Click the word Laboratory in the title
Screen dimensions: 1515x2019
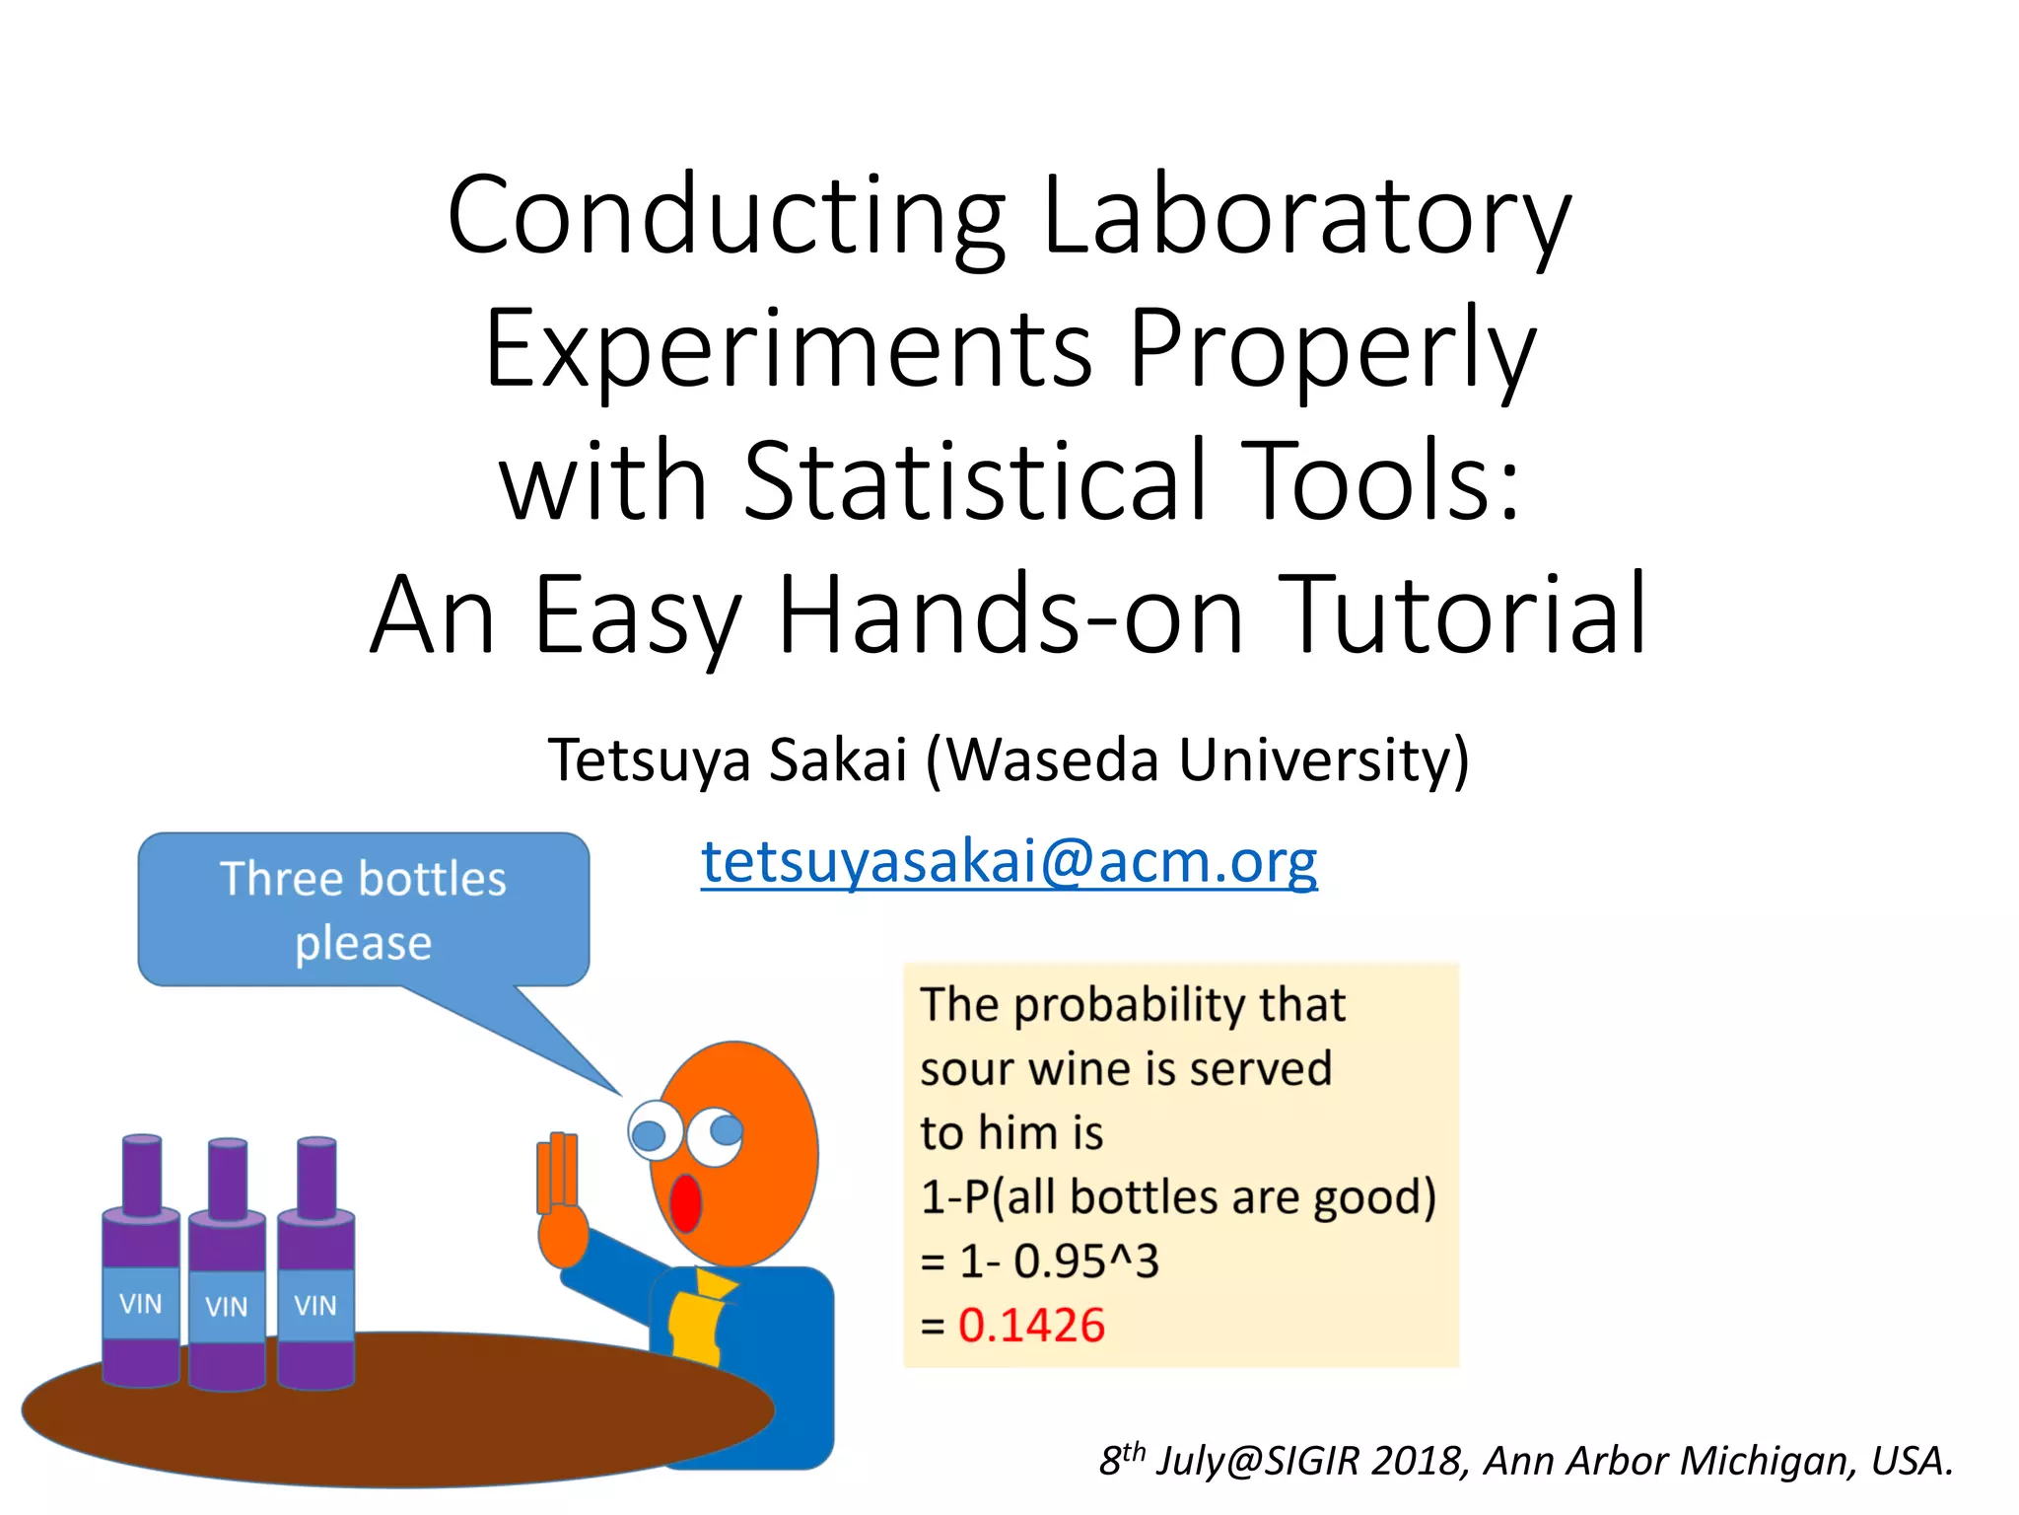click(1305, 215)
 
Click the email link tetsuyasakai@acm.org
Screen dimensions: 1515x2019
click(1009, 861)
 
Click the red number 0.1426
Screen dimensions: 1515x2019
click(1031, 1325)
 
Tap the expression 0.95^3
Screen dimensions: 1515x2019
click(1086, 1261)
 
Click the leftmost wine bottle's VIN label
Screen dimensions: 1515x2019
click(140, 1304)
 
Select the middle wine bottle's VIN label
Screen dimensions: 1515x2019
click(227, 1307)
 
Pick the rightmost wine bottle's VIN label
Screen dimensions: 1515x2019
click(315, 1306)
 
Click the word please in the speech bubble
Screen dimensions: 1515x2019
click(363, 943)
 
